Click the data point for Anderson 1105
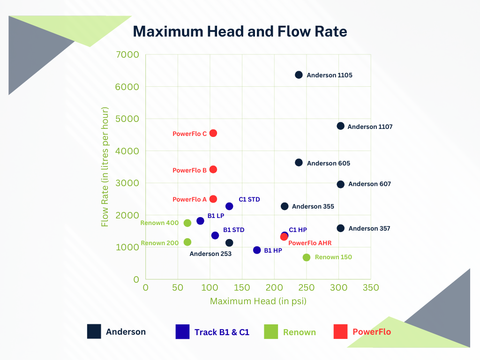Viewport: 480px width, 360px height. [x=299, y=75]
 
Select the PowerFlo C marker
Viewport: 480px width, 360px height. [x=213, y=133]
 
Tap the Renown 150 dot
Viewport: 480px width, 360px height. [x=307, y=257]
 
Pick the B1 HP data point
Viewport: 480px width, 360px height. [x=257, y=250]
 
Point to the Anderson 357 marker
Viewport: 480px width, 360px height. [x=341, y=228]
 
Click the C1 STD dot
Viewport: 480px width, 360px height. [x=229, y=206]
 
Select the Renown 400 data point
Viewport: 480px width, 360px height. [x=187, y=223]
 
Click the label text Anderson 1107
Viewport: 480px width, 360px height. [x=370, y=127]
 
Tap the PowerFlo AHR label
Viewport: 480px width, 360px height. [x=310, y=243]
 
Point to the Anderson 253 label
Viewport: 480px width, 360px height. [x=210, y=254]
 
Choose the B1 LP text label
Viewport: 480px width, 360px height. [x=216, y=216]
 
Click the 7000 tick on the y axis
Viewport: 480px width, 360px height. [x=127, y=55]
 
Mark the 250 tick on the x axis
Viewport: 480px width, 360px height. [x=307, y=287]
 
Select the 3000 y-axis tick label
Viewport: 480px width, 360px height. [x=127, y=183]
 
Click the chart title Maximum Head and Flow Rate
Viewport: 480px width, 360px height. [x=240, y=31]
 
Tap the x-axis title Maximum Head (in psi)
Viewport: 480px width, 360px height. [x=258, y=301]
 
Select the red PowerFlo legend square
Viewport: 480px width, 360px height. [x=340, y=332]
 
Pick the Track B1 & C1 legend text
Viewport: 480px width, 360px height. [x=222, y=332]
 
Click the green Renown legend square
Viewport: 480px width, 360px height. [x=271, y=332]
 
